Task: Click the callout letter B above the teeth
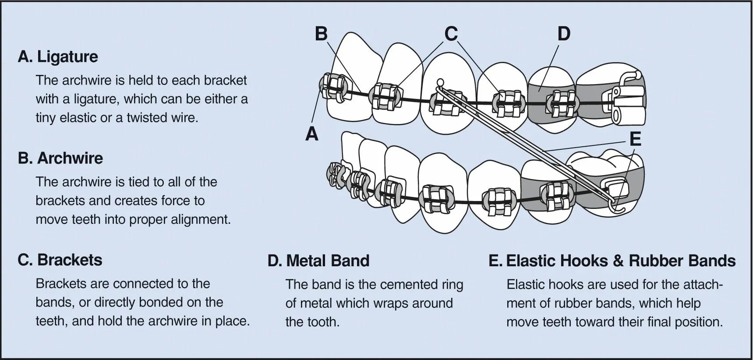pyautogui.click(x=321, y=34)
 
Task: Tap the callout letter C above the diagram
pyautogui.click(x=451, y=34)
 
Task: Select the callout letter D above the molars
pyautogui.click(x=564, y=34)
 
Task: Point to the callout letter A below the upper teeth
pyautogui.click(x=311, y=134)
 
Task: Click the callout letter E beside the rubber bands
pyautogui.click(x=635, y=139)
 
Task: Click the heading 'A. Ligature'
pyautogui.click(x=58, y=57)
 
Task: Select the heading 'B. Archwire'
pyautogui.click(x=60, y=158)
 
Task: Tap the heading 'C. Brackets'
pyautogui.click(x=60, y=260)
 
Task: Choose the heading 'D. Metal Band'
pyautogui.click(x=318, y=261)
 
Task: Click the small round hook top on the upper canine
pyautogui.click(x=440, y=81)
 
